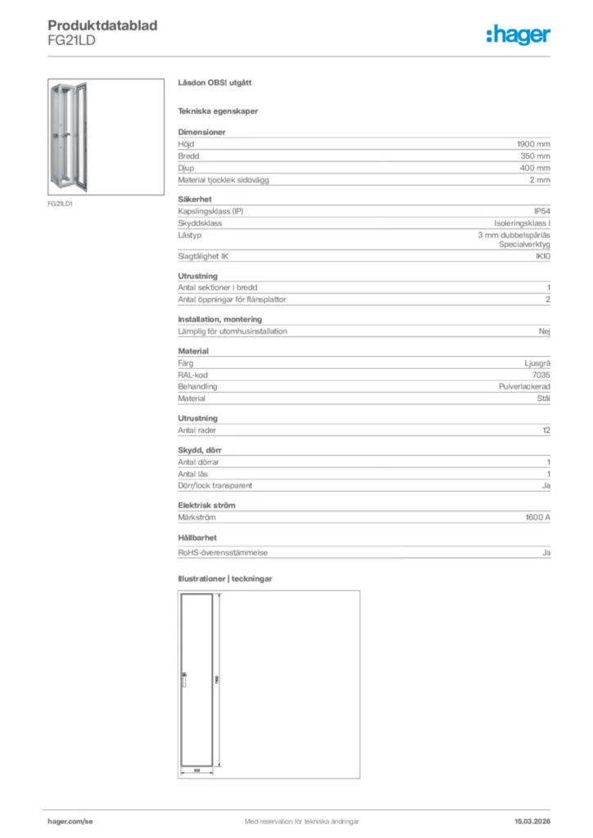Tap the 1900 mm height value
533,143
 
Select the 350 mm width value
535,155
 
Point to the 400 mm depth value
535,168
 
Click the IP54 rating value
541,211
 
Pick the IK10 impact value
541,257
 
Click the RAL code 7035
541,375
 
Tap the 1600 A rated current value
537,518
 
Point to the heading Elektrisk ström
206,506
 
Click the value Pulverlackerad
524,386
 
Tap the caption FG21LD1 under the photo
60,204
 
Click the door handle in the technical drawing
184,679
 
